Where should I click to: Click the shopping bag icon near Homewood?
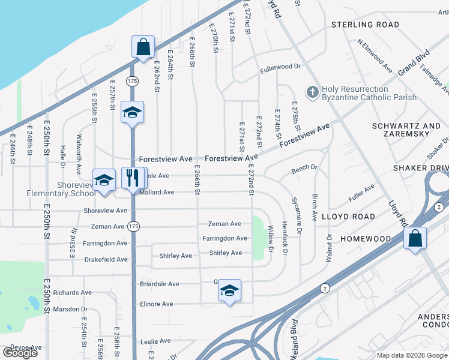pos(415,238)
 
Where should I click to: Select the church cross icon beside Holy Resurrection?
pos(312,92)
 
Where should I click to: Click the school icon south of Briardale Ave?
pos(229,290)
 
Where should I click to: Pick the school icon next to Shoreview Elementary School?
pos(104,180)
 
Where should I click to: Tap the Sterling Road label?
pos(366,25)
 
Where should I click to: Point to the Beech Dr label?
pos(304,169)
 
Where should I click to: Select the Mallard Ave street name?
pos(157,192)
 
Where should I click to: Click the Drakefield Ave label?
pos(106,259)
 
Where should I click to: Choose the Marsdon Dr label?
pos(70,309)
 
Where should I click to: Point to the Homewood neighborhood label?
pos(366,239)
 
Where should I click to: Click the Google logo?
pos(20,352)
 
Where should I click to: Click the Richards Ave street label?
pos(72,293)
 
